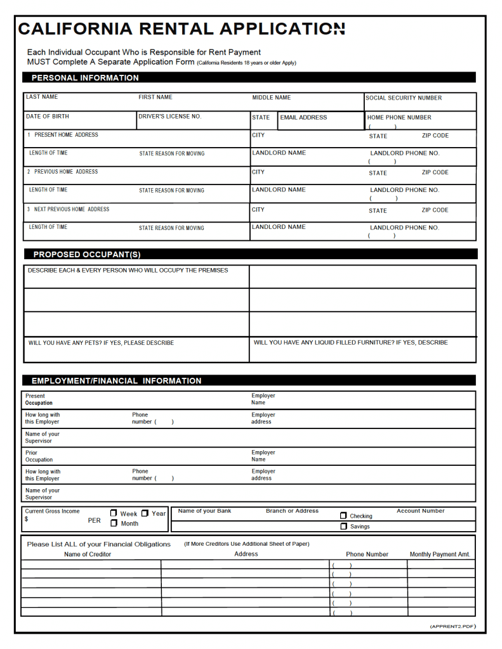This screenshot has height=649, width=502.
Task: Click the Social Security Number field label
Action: coord(404,98)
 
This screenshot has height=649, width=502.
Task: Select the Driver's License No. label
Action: coord(169,117)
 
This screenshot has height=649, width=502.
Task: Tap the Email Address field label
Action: coord(304,117)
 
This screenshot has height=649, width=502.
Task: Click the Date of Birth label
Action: coord(48,117)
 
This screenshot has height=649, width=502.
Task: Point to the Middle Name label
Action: coord(272,98)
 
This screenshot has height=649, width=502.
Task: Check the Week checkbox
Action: coord(114,513)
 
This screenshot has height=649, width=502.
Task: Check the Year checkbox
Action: coord(145,513)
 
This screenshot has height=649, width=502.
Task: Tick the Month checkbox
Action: coord(114,524)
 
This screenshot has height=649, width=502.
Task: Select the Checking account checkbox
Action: coord(344,516)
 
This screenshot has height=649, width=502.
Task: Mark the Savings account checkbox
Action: coord(344,527)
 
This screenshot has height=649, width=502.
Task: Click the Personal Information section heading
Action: coord(85,78)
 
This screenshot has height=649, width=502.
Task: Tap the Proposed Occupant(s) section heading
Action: coord(87,255)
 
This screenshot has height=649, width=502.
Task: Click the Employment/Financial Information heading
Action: coord(116,381)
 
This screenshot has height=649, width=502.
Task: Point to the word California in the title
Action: coord(76,29)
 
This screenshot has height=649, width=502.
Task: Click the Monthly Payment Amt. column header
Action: coord(440,555)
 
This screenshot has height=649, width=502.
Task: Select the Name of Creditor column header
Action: coord(88,555)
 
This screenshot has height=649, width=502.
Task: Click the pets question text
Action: coord(101,343)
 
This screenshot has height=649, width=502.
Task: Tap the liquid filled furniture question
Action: coord(350,342)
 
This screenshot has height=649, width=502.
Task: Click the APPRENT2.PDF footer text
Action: coord(452,626)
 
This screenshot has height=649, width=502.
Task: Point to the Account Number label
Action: coord(420,511)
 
